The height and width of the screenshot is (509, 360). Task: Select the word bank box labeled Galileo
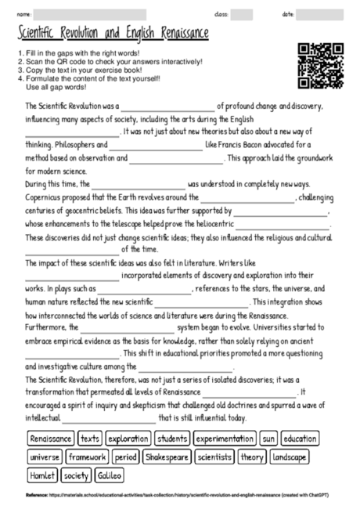(110, 475)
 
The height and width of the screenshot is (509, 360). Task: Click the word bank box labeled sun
(268, 439)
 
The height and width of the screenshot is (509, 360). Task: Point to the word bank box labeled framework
(86, 457)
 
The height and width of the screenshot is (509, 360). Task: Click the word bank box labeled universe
(45, 457)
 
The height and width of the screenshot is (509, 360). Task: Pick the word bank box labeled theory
(252, 457)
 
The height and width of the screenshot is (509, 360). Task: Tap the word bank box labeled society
(76, 475)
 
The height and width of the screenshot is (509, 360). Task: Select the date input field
(320, 15)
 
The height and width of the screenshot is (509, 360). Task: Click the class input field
(241, 15)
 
